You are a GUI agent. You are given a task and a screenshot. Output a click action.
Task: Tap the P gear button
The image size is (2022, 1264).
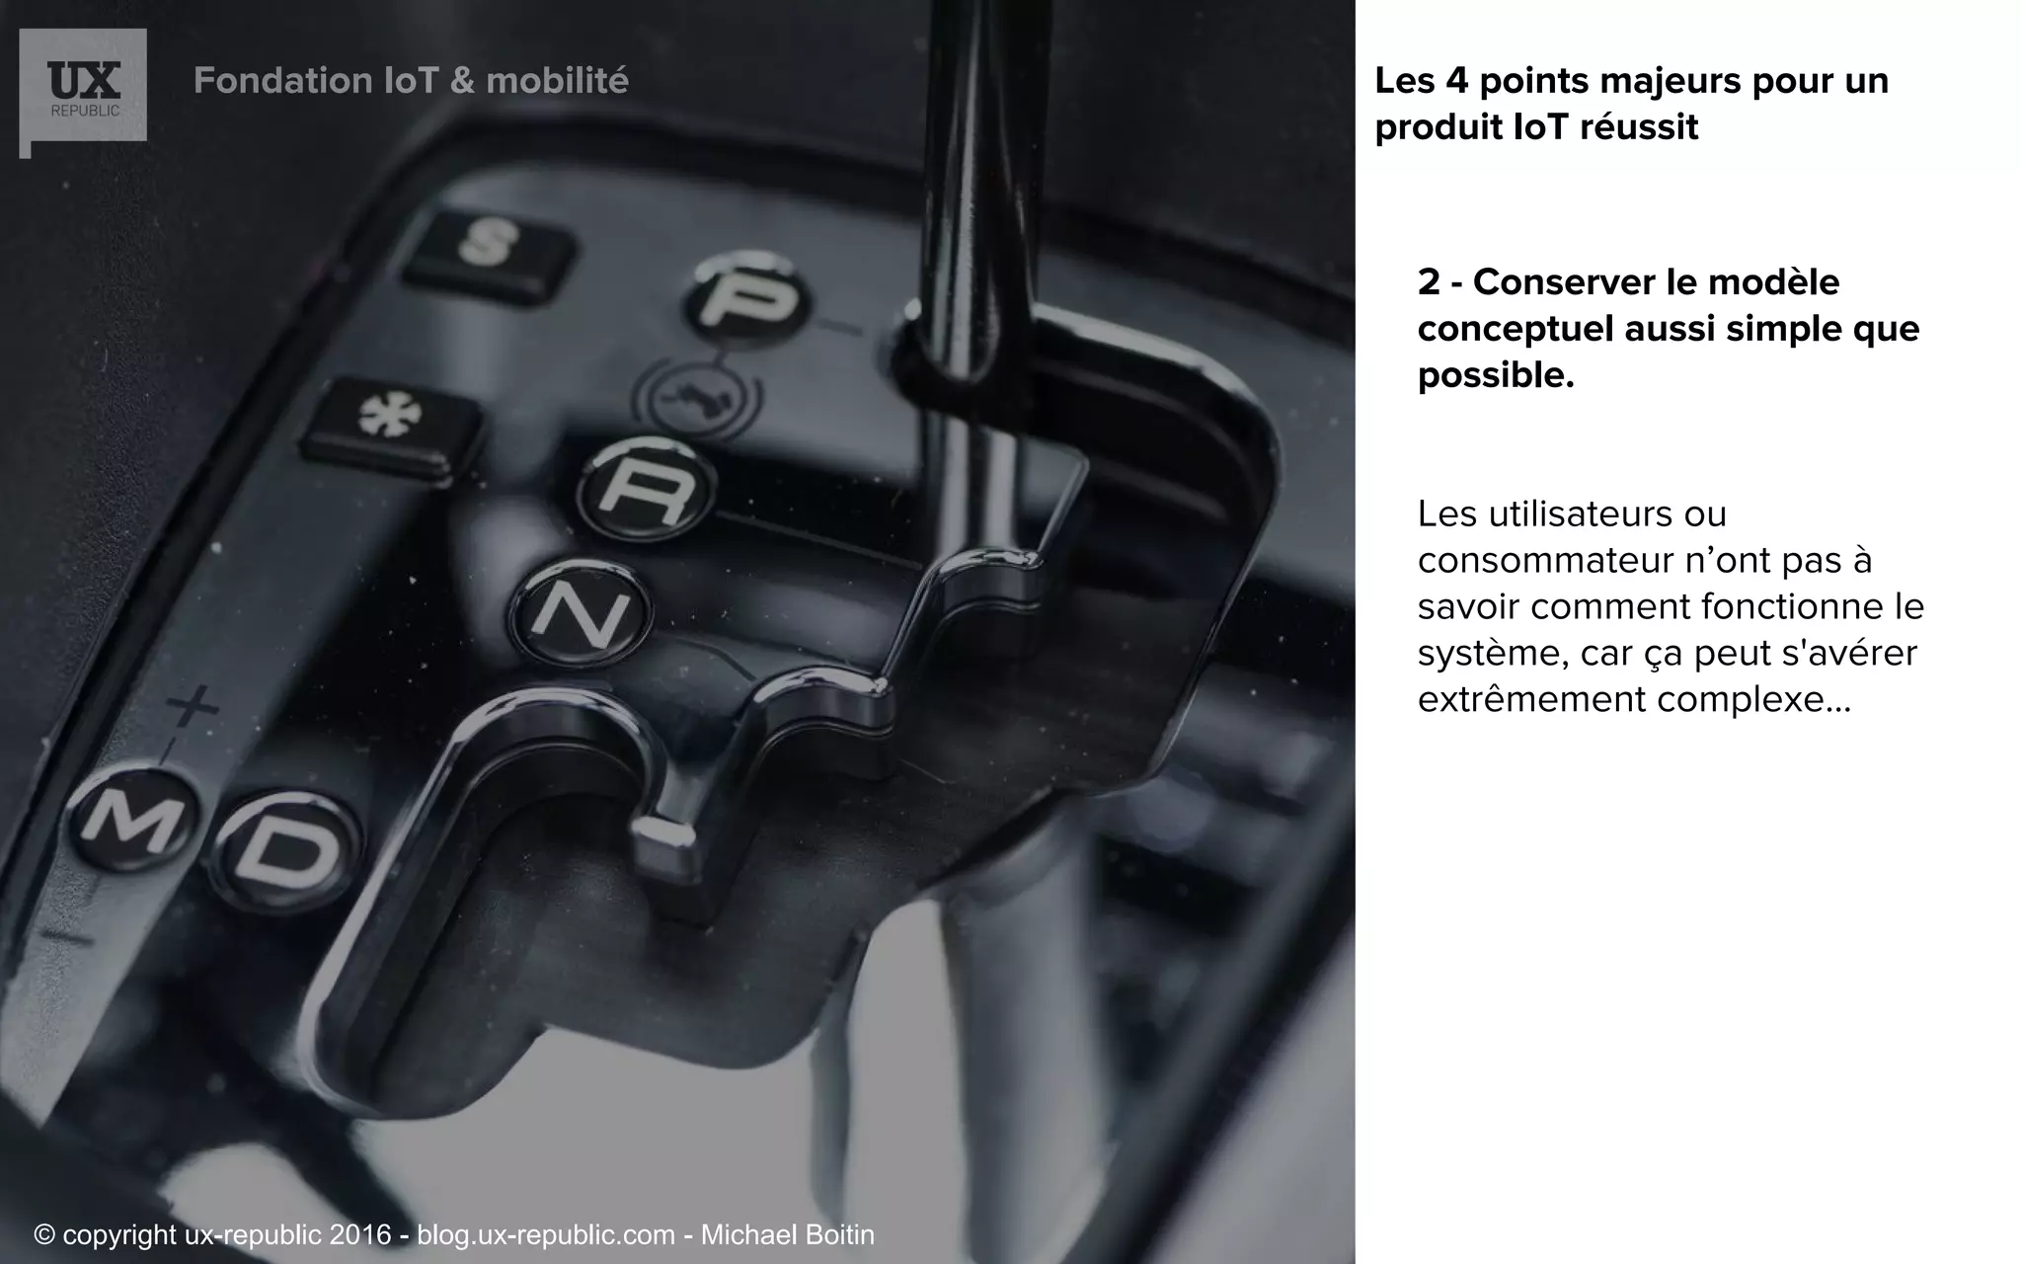point(747,298)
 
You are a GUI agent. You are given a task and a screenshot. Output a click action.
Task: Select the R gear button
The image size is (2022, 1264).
point(645,488)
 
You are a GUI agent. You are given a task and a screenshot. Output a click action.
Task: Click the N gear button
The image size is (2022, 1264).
point(582,612)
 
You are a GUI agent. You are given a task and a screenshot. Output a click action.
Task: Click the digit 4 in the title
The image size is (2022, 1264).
point(1456,81)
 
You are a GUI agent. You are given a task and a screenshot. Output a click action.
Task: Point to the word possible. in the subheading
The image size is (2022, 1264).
point(1496,375)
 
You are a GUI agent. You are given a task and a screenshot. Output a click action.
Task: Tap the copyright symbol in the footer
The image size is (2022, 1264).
point(43,1234)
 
